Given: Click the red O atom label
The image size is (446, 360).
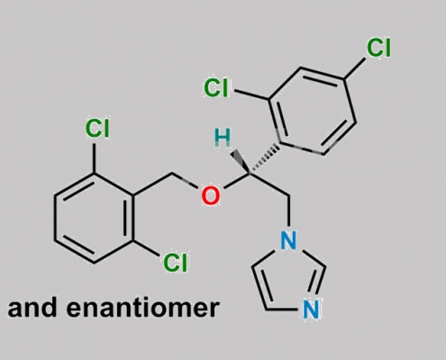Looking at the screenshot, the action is click(210, 195).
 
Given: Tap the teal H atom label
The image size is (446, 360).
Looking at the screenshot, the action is click(223, 138).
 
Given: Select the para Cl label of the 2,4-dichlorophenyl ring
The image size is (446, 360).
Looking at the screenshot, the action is click(378, 48).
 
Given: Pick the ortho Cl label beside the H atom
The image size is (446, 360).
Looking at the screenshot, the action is click(216, 87).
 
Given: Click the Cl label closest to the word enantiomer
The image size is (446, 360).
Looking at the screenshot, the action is click(176, 263).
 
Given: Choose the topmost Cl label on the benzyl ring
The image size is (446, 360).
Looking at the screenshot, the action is click(97, 129).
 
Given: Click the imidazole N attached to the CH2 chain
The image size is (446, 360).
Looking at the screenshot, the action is click(288, 240).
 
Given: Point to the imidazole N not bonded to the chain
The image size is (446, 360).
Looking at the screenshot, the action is click(311, 309).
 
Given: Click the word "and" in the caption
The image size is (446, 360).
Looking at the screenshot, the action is click(32, 308).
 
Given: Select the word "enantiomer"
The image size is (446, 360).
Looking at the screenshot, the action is click(143, 308).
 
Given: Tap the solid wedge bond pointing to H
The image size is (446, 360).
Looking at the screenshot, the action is click(241, 162).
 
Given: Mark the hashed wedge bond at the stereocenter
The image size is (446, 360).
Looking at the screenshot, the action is click(264, 159).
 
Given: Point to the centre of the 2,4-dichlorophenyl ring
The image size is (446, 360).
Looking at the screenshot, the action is click(313, 112).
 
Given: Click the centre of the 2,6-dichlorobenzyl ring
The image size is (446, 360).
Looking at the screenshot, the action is click(94, 218).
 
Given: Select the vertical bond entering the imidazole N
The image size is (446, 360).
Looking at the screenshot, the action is click(288, 211).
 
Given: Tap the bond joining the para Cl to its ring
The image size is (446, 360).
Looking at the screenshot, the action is click(355, 68).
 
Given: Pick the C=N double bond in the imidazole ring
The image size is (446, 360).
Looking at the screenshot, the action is click(318, 280).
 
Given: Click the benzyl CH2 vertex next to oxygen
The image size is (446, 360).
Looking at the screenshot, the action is click(172, 174).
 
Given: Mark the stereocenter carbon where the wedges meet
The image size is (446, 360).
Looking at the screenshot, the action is click(250, 173).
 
